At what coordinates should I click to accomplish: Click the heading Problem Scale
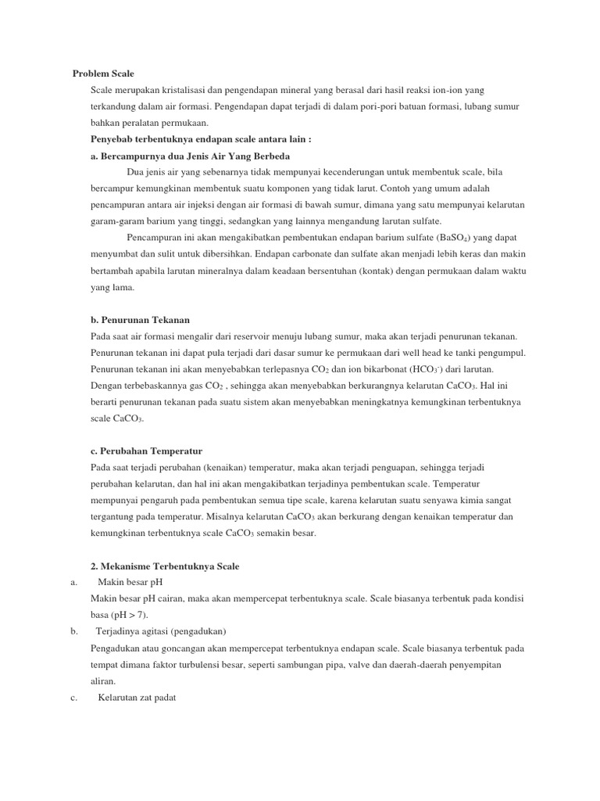tap(103, 74)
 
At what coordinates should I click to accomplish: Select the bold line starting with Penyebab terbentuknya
tap(201, 139)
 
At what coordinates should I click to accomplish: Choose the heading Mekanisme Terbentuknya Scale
tap(165, 566)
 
